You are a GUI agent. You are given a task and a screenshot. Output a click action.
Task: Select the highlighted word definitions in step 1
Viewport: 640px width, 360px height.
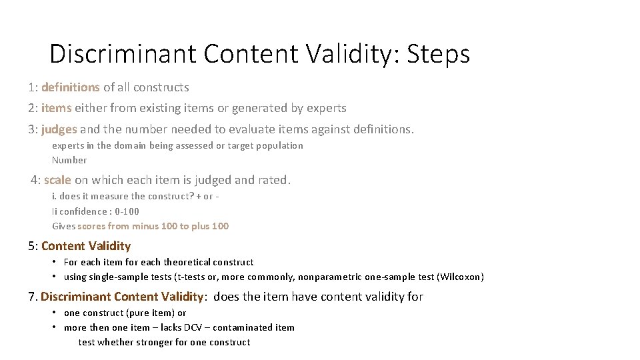point(70,87)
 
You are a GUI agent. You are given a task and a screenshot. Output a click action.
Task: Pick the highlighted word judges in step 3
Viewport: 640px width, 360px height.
point(59,129)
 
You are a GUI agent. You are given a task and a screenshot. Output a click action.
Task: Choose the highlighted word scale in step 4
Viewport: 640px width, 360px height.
point(57,180)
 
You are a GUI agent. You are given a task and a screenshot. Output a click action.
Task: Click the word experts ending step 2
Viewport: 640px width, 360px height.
point(326,108)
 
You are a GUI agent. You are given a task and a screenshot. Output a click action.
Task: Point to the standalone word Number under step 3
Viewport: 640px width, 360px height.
point(69,160)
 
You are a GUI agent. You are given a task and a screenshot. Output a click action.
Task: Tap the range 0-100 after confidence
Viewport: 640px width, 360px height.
point(126,211)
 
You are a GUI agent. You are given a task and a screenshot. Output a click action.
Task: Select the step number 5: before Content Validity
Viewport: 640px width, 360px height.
point(33,246)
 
